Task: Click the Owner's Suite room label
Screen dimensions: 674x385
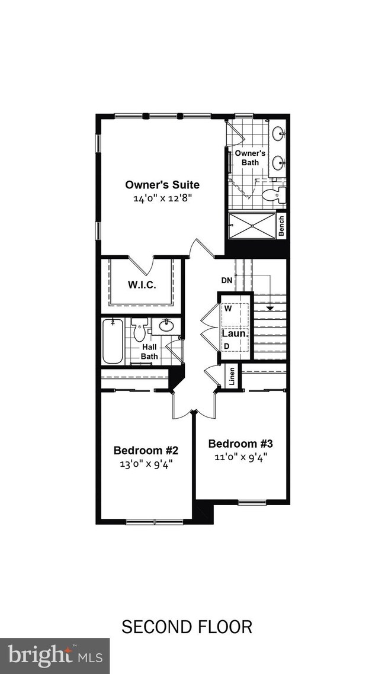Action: [x=162, y=184]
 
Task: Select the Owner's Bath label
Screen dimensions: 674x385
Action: [x=246, y=158]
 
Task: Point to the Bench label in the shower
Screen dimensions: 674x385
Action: [x=281, y=226]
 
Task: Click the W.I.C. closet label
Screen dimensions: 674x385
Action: [x=142, y=285]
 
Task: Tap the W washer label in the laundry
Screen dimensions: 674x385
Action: [x=227, y=308]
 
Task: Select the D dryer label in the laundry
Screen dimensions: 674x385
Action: [x=226, y=345]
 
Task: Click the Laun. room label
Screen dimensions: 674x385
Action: [x=234, y=333]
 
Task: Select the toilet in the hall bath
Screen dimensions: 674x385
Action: [x=139, y=332]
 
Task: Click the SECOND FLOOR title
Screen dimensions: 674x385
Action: [x=187, y=627]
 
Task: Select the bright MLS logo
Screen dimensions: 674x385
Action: [x=54, y=656]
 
